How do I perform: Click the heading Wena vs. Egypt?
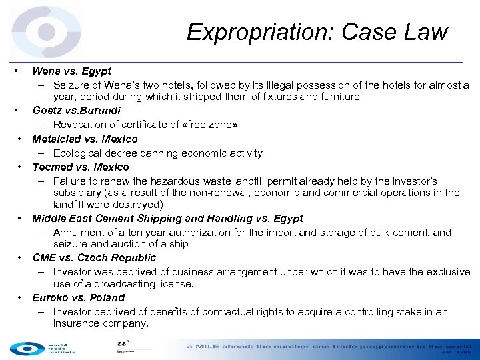coord(72,71)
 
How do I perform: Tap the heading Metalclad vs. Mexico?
coord(85,139)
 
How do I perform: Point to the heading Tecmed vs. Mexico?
coord(81,167)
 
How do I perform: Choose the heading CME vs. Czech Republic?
coord(94,257)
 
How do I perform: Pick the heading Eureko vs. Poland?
coord(79,297)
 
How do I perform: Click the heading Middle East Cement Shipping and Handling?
coord(167,218)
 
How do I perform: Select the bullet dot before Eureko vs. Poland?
coord(21,297)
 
